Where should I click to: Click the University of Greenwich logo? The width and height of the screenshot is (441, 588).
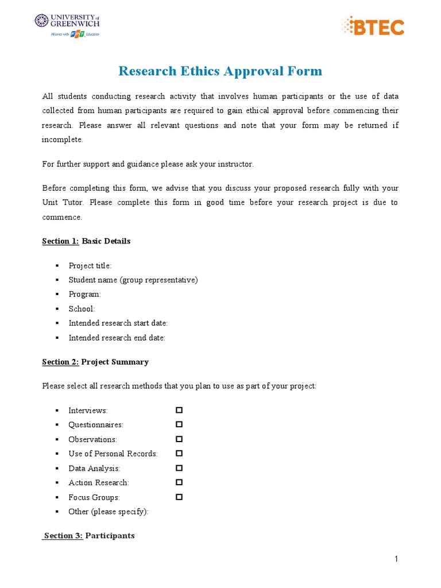coord(67,25)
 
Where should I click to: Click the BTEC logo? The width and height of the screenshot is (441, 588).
coord(373,26)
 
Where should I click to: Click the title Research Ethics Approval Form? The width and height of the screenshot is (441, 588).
coord(220,71)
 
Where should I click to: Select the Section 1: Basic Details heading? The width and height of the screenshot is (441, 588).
coord(86,241)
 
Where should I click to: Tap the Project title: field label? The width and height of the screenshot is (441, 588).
coord(90,265)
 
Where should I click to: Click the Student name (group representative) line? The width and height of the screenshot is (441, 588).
coord(133,280)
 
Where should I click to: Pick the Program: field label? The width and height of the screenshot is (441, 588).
coord(84,294)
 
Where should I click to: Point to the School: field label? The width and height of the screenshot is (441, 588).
coord(82,309)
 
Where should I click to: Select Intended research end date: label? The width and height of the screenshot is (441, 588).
coord(117,338)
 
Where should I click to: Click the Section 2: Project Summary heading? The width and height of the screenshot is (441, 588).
coord(95,362)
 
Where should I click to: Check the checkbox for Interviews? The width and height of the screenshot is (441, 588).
coord(179,410)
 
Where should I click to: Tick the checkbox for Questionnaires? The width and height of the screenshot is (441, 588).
coord(179,424)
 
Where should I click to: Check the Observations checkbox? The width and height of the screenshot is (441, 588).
coord(179,439)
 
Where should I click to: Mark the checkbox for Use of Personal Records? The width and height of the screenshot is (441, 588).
coord(179,453)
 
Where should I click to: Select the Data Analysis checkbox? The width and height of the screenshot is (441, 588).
coord(179,468)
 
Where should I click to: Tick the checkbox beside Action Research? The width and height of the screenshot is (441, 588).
coord(179,482)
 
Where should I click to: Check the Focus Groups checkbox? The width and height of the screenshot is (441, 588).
coord(179,497)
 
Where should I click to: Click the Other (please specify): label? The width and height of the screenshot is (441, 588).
coord(108,512)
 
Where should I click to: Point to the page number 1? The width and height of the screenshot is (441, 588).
coord(396,559)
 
